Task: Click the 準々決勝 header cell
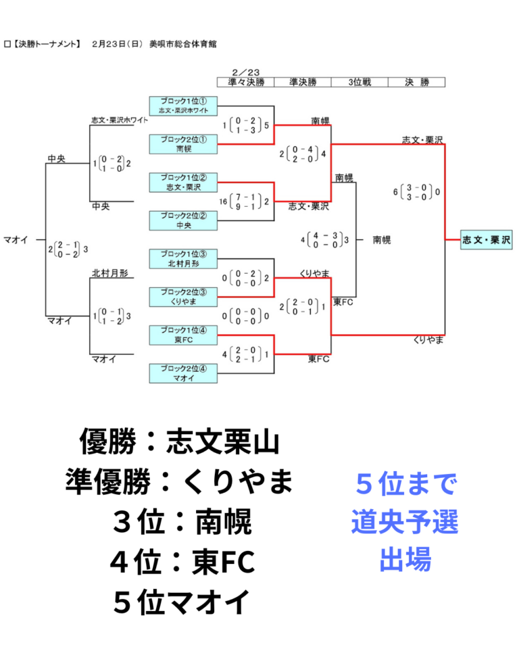[x=246, y=82]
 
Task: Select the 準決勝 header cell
[x=303, y=82]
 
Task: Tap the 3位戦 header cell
[x=360, y=82]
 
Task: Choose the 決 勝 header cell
[x=417, y=82]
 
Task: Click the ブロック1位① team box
[x=183, y=106]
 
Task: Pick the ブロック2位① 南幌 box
[x=183, y=144]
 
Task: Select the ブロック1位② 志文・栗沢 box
[x=183, y=182]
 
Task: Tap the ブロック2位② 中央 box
[x=183, y=220]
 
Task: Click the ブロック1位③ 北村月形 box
[x=183, y=259]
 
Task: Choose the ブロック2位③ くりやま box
[x=183, y=297]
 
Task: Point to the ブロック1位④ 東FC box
[x=183, y=335]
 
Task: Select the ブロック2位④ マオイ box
[x=183, y=373]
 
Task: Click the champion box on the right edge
[x=487, y=239]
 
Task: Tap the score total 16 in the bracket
[x=223, y=201]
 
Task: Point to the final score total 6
[x=395, y=192]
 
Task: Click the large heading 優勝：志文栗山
[x=180, y=441]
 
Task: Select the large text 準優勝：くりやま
[x=179, y=481]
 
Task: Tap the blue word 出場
[x=405, y=559]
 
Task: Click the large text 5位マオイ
[x=181, y=602]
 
